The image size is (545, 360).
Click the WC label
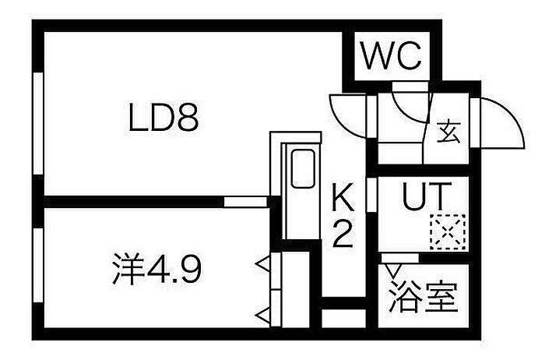(x=392, y=55)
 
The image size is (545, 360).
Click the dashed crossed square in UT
(x=448, y=232)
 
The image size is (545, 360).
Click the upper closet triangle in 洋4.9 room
(x=262, y=263)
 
